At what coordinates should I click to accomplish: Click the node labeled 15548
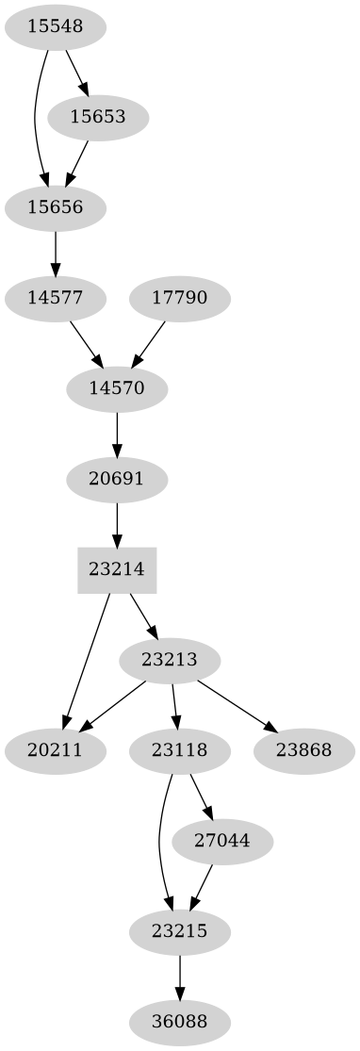(x=55, y=27)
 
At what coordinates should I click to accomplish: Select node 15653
(x=98, y=118)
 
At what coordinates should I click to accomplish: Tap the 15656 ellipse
(x=55, y=207)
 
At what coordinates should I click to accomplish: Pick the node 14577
(x=55, y=298)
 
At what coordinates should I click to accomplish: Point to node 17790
(x=179, y=298)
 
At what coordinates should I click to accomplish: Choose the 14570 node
(x=117, y=388)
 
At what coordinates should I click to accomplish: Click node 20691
(x=117, y=479)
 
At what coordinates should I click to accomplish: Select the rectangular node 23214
(x=117, y=569)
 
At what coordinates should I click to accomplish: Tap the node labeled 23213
(x=171, y=660)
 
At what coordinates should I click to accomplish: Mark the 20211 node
(x=55, y=750)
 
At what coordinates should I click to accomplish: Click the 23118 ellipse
(x=179, y=750)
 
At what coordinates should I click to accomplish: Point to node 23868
(x=303, y=750)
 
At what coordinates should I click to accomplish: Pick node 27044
(x=222, y=841)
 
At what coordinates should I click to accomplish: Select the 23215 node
(x=179, y=931)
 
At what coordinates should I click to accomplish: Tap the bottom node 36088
(x=179, y=1022)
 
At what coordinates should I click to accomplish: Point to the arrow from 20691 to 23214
(x=117, y=524)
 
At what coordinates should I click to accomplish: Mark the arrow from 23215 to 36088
(x=179, y=977)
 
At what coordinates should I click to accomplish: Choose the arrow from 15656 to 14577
(x=55, y=253)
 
